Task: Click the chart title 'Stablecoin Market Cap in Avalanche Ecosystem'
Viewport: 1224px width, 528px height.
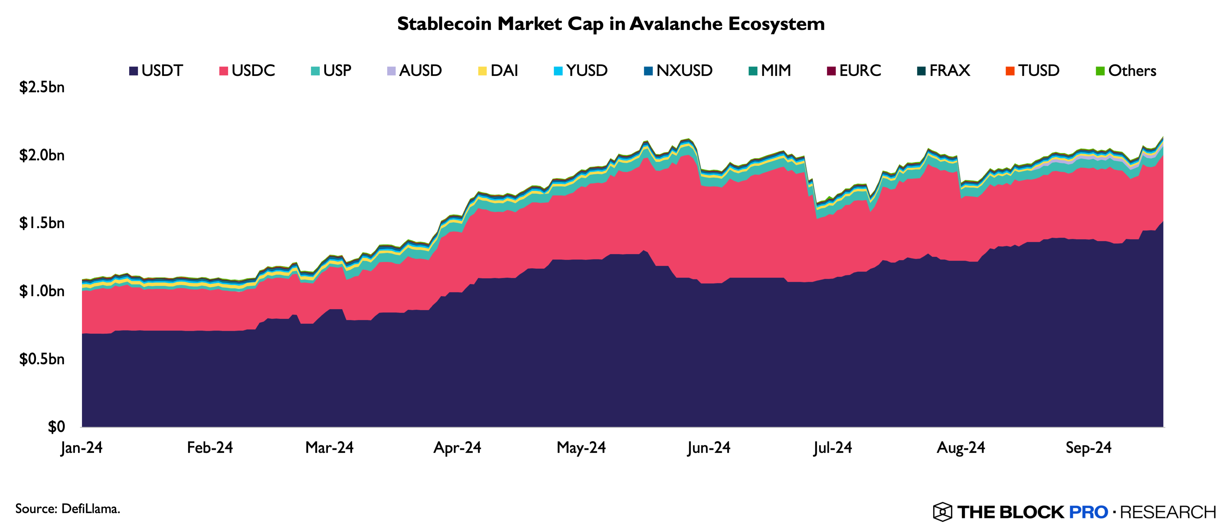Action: point(611,24)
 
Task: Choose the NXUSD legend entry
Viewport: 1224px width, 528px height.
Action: point(678,71)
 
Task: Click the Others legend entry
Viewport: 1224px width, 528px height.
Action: point(1126,71)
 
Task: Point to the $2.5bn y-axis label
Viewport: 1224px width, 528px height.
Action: point(42,87)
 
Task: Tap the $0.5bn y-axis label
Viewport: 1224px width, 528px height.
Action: point(42,359)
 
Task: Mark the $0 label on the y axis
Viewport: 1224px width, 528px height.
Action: point(56,426)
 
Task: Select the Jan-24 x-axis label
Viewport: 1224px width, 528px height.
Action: point(82,448)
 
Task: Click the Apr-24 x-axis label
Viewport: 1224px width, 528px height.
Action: point(457,448)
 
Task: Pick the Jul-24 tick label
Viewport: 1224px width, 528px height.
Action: point(832,448)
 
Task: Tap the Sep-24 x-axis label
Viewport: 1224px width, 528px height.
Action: point(1089,448)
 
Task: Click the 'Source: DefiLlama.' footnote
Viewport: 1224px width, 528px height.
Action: point(67,509)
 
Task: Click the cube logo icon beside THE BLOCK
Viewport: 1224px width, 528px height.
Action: point(942,512)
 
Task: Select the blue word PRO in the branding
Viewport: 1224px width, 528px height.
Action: point(1088,512)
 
